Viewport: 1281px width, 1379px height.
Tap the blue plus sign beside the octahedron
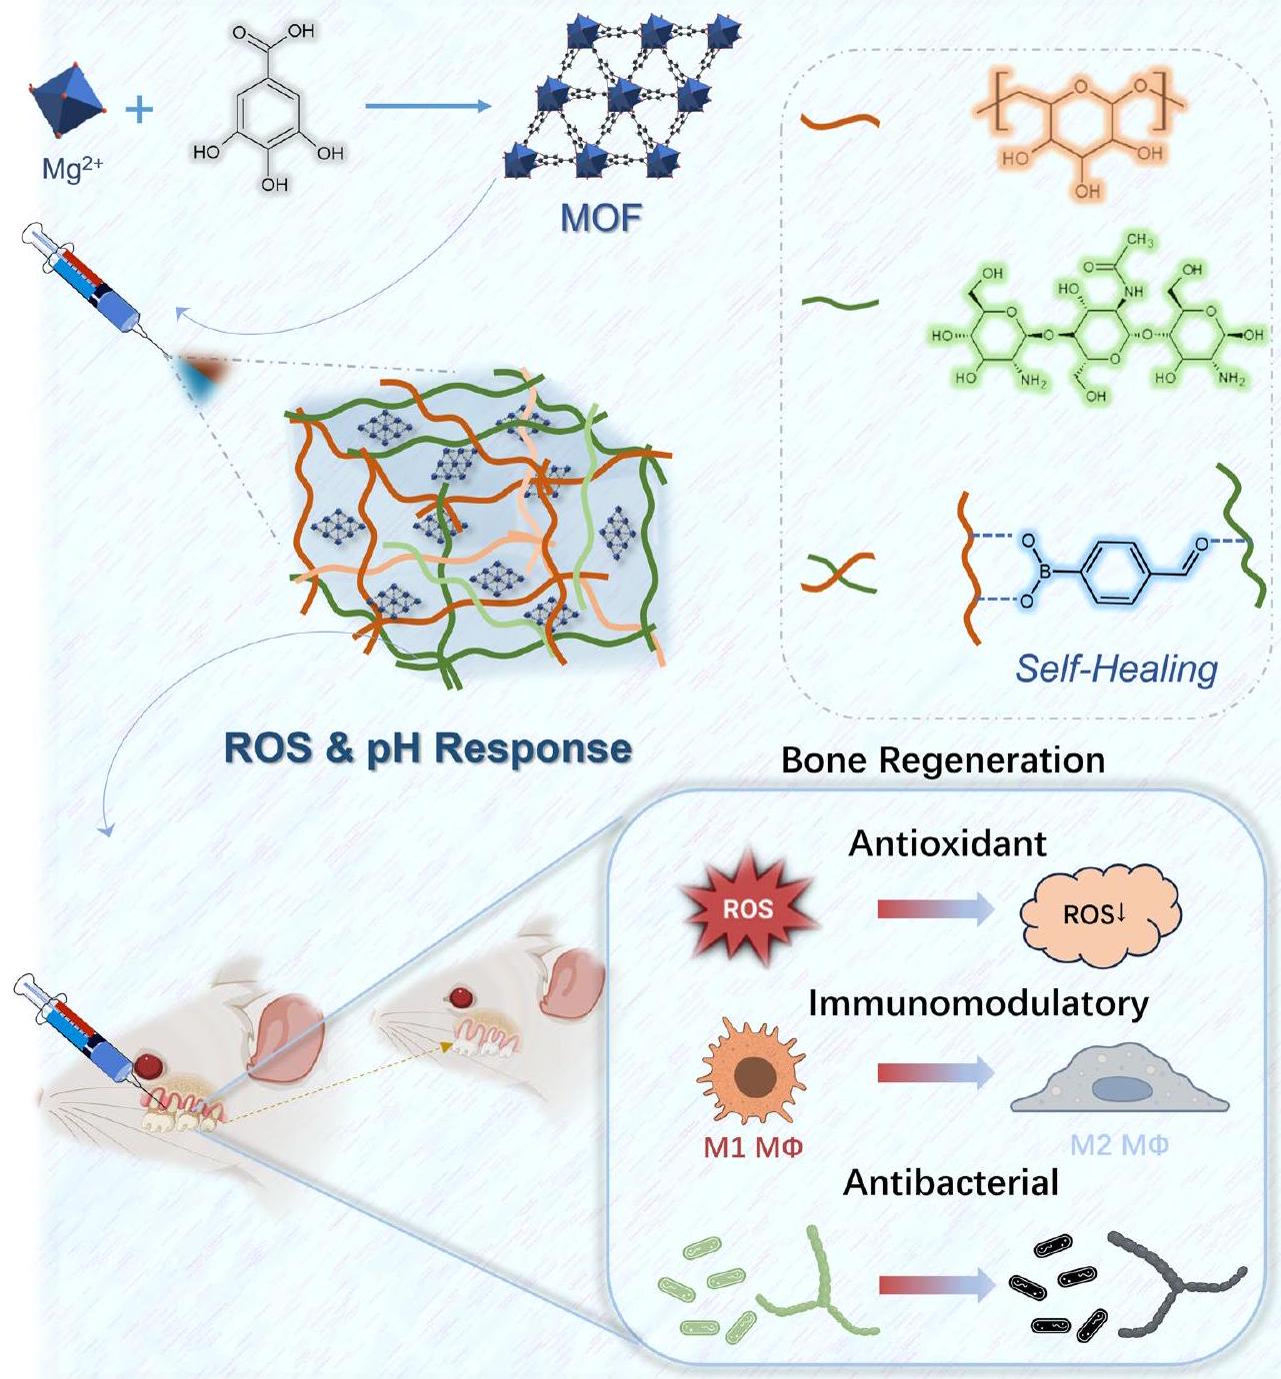pyautogui.click(x=139, y=106)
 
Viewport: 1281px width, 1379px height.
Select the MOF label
pyautogui.click(x=601, y=216)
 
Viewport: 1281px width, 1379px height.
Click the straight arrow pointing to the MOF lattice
pyautogui.click(x=428, y=106)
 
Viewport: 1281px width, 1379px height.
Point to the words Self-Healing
pyautogui.click(x=1116, y=668)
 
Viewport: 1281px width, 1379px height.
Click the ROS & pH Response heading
pyautogui.click(x=428, y=747)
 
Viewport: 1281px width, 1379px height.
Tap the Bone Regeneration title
pyautogui.click(x=943, y=760)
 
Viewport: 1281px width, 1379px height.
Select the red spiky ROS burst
pyautogui.click(x=748, y=909)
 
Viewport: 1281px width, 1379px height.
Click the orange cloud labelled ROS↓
pyautogui.click(x=1099, y=912)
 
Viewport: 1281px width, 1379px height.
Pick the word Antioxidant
pyautogui.click(x=947, y=844)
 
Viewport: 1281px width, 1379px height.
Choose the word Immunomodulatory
pyautogui.click(x=977, y=1003)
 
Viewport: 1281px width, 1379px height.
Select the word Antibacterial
pyautogui.click(x=951, y=1183)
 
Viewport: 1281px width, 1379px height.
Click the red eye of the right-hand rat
pyautogui.click(x=461, y=996)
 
